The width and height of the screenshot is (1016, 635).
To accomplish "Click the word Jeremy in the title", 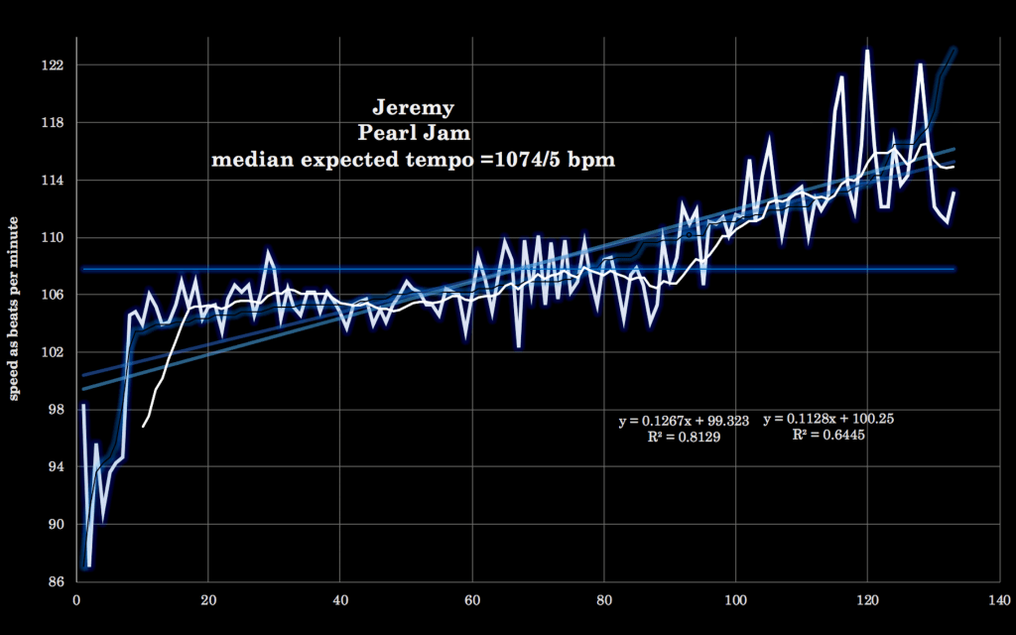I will [x=413, y=107].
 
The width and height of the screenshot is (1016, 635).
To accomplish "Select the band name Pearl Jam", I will [x=413, y=133].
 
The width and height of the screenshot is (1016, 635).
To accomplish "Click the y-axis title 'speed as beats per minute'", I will [x=15, y=323].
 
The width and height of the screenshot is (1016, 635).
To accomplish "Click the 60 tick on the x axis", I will [x=472, y=599].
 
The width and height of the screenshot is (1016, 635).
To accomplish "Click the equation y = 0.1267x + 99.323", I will [x=684, y=421].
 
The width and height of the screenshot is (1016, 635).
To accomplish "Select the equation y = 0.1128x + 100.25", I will [x=828, y=419].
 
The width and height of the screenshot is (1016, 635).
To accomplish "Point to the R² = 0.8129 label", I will [x=684, y=437].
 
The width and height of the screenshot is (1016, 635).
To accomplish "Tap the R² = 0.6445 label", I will [x=828, y=435].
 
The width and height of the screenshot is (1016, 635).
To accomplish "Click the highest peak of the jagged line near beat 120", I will [x=867, y=50].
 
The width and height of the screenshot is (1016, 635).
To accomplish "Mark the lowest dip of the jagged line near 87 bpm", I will [x=89, y=567].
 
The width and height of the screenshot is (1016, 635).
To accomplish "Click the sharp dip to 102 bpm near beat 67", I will [x=519, y=346].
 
